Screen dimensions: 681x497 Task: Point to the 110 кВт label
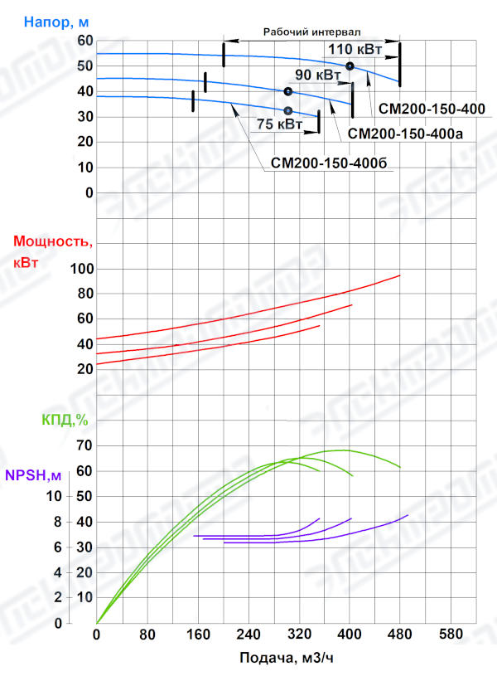tap(355, 50)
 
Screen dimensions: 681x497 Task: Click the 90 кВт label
tap(317, 75)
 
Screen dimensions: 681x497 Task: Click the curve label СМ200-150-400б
tap(329, 163)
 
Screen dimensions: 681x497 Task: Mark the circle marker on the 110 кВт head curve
tap(350, 66)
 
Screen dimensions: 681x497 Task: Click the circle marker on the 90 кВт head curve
tap(287, 91)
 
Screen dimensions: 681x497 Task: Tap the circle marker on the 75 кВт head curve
tap(287, 110)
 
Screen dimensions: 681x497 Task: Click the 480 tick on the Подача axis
tap(400, 636)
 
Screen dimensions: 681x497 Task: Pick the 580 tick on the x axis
tap(451, 636)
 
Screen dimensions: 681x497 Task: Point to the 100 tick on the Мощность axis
tap(82, 269)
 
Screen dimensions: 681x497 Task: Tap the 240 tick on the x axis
tap(248, 636)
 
